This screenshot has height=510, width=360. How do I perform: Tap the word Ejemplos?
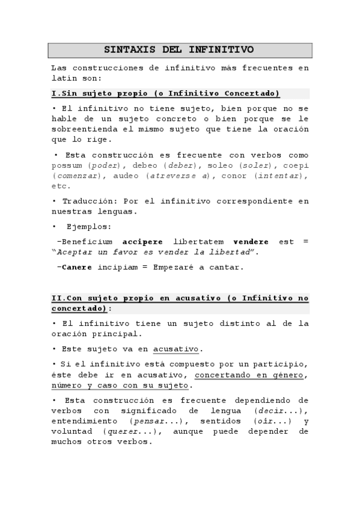(x=91, y=227)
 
